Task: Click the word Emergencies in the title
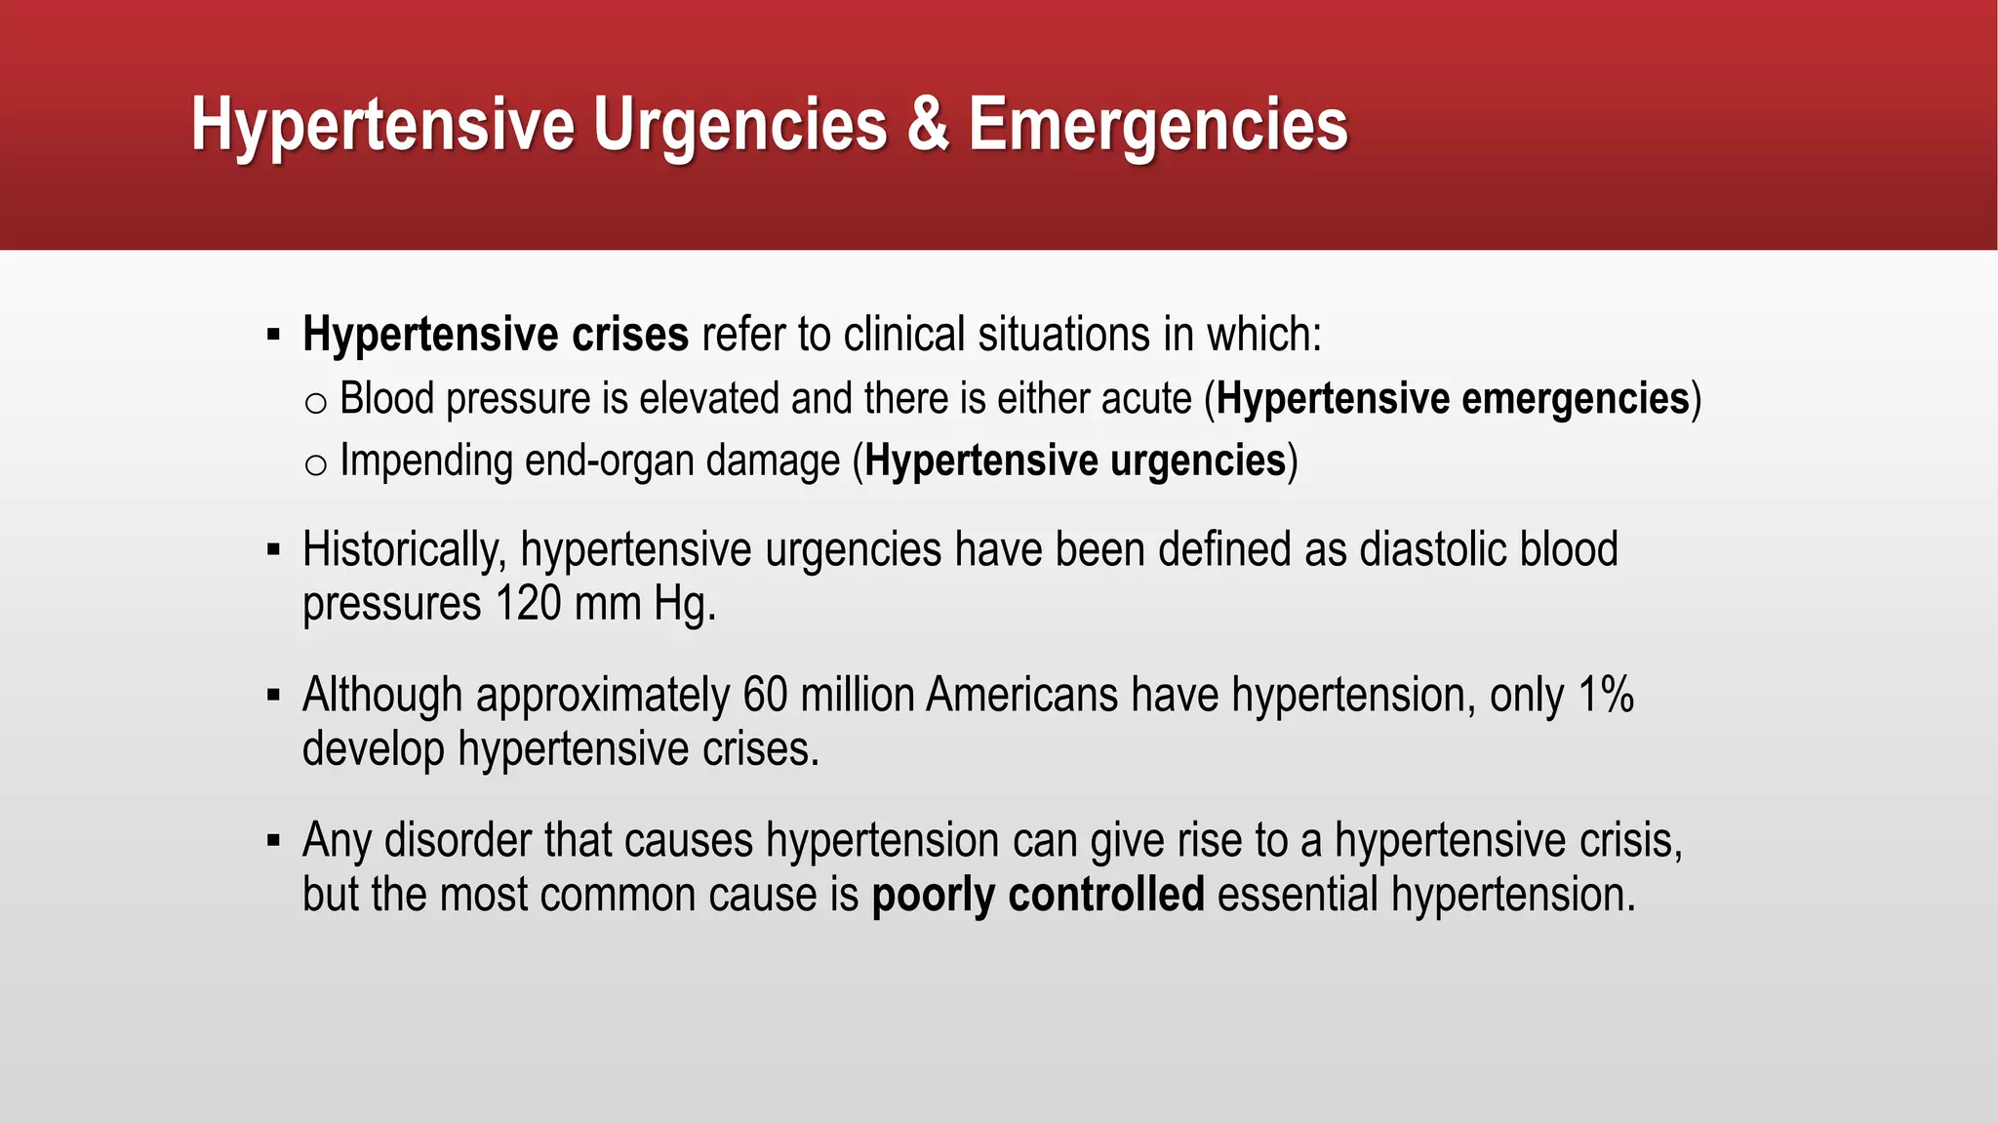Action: [1158, 125]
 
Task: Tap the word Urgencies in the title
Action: [740, 125]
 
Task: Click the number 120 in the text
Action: [528, 603]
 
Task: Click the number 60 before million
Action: [765, 695]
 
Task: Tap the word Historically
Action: [404, 549]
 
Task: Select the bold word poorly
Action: [933, 895]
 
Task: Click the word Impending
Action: [425, 461]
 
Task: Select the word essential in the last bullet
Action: [1297, 895]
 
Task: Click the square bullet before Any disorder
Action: [273, 840]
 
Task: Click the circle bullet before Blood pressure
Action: [314, 402]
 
